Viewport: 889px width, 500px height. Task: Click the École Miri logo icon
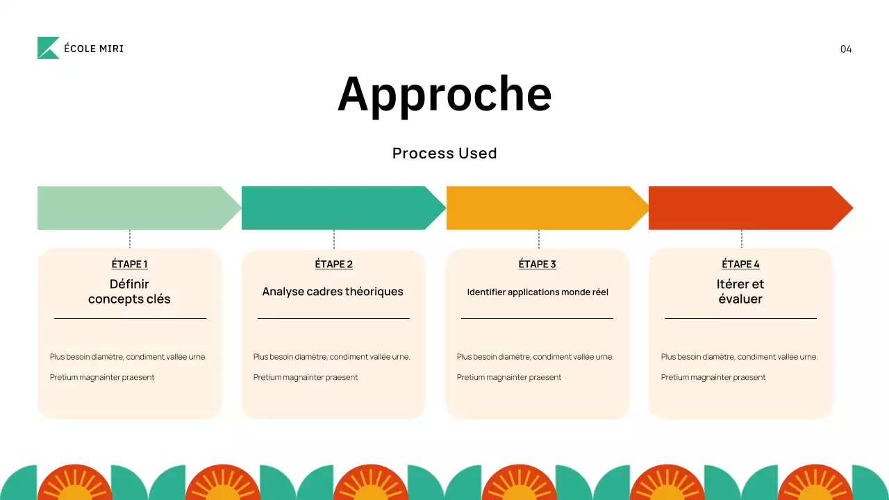(48, 48)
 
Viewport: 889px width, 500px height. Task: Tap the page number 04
(845, 49)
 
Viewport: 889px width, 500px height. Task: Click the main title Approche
(444, 94)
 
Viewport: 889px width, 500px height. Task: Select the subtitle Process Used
(444, 153)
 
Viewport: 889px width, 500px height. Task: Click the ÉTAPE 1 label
(129, 264)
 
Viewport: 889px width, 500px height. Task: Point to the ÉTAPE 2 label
(333, 264)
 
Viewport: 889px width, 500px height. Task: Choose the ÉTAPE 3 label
(537, 264)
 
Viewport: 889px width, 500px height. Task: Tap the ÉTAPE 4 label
(740, 264)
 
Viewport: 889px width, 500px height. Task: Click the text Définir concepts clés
(129, 292)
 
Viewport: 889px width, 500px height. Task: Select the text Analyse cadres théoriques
(333, 292)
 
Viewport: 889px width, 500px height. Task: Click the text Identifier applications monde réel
(538, 292)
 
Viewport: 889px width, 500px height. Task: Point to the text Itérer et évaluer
(740, 292)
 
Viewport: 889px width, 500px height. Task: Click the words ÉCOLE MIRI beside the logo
(93, 49)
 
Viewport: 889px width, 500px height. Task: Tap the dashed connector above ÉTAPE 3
(538, 239)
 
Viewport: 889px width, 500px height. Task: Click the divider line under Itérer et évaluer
(740, 318)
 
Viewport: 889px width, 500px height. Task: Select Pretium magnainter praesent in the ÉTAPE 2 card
(306, 377)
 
